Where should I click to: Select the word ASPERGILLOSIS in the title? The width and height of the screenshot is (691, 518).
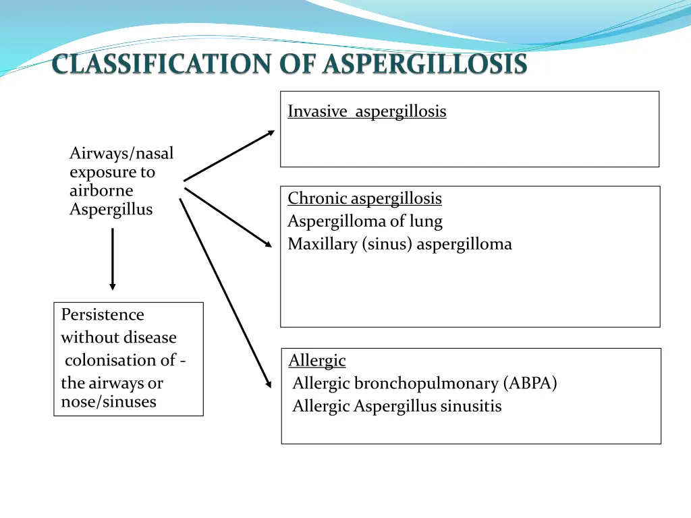[x=424, y=65]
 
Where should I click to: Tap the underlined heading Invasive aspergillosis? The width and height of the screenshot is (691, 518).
[x=366, y=111]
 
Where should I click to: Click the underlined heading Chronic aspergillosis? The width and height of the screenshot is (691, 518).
[x=364, y=198]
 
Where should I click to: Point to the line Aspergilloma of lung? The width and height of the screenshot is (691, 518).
[x=364, y=221]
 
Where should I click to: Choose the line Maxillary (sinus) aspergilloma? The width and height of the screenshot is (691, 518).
[x=399, y=244]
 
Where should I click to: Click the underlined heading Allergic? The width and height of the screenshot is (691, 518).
[x=317, y=361]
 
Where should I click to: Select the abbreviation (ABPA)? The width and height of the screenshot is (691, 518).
[x=530, y=384]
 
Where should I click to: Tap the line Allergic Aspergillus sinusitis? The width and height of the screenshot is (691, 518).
[x=397, y=407]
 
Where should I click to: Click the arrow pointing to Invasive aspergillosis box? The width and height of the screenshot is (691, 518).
[x=229, y=156]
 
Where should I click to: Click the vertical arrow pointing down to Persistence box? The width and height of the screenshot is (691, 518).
[x=112, y=259]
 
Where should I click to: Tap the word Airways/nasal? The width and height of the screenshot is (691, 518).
[x=121, y=154]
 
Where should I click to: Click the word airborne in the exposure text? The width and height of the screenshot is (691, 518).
[x=101, y=191]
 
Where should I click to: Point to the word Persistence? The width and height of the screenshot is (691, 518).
[x=103, y=315]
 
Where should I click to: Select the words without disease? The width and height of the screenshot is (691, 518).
[x=119, y=338]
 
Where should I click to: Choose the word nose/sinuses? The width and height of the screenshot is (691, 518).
[x=109, y=402]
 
